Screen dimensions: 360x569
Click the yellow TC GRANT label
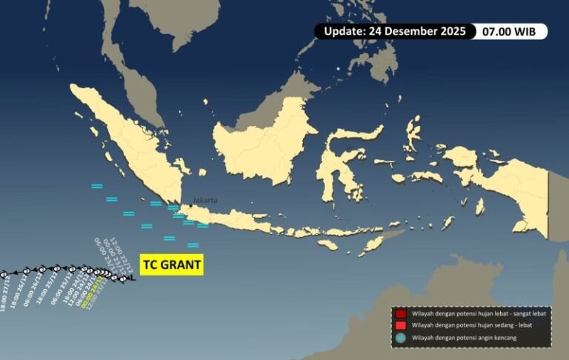[x=171, y=264]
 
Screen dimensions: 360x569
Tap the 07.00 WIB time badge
[x=513, y=31]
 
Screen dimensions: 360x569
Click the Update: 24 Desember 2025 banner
[x=394, y=31]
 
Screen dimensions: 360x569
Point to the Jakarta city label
[x=206, y=200]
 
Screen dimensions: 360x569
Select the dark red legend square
[x=400, y=314]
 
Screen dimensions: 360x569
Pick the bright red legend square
[x=400, y=326]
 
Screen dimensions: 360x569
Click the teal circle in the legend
[x=400, y=338]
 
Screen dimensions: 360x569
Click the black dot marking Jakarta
[x=190, y=205]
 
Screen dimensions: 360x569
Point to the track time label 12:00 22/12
[x=122, y=251]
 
